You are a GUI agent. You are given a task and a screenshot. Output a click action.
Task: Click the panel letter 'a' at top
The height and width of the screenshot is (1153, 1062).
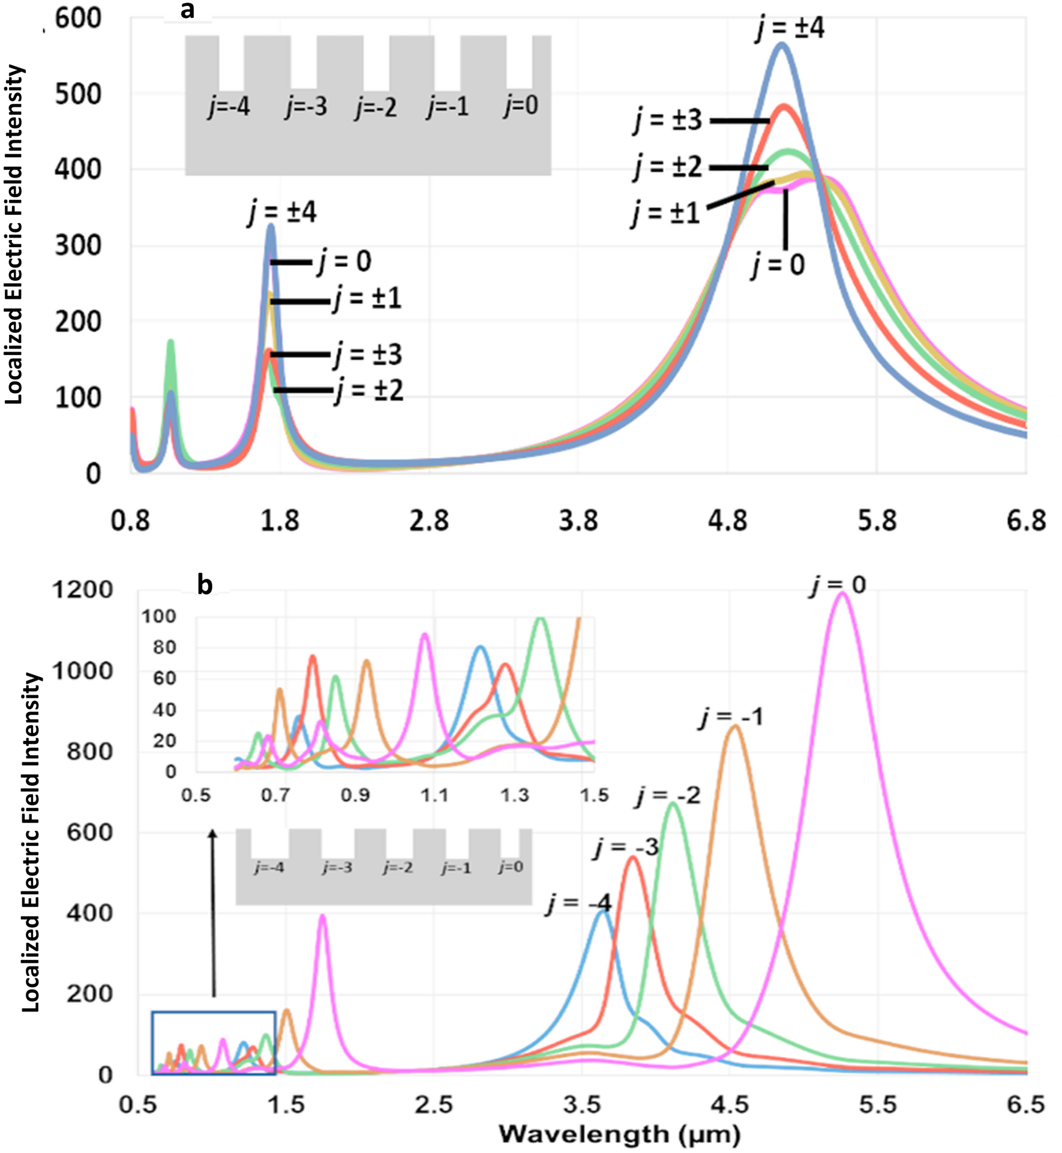point(187,10)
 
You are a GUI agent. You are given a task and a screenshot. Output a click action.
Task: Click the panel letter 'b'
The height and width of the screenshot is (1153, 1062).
point(205,584)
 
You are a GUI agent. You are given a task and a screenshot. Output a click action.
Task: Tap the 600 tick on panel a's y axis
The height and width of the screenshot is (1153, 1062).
point(78,19)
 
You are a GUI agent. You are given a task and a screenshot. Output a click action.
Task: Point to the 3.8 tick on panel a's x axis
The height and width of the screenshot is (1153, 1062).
point(578,520)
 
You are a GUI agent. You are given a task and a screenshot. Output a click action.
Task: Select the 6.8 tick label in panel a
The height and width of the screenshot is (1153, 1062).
point(1025,520)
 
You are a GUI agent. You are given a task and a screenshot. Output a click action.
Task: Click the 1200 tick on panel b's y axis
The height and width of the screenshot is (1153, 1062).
point(82,590)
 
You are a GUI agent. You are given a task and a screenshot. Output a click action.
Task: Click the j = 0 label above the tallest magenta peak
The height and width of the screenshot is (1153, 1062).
point(838,585)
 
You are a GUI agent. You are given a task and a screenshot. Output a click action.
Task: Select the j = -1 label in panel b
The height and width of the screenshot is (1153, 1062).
point(731,717)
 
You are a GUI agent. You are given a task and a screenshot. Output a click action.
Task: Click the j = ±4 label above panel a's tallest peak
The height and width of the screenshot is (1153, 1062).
point(790,28)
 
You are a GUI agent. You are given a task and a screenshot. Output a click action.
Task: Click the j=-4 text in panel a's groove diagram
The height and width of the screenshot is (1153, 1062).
point(229,107)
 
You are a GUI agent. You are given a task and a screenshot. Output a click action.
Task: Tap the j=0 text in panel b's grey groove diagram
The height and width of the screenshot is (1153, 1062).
point(511,867)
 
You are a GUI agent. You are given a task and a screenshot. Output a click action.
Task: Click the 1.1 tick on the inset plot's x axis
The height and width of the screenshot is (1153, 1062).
point(434,795)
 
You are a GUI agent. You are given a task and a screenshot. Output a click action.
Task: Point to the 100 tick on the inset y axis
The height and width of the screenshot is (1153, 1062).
point(158,616)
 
